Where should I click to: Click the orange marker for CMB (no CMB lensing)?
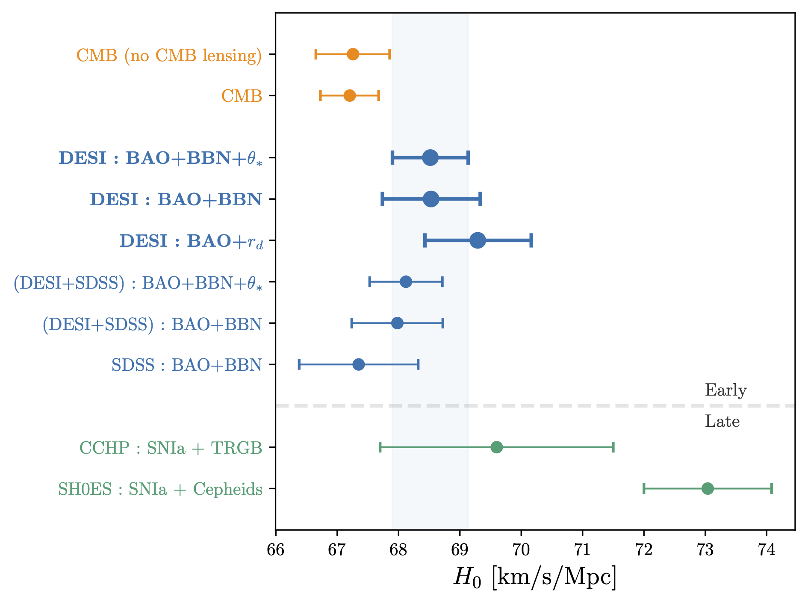click(353, 54)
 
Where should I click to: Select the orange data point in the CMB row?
click(350, 96)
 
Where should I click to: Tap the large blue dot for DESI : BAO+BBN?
click(431, 199)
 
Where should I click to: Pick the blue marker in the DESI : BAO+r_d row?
click(478, 240)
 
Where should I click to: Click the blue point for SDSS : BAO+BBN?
click(359, 364)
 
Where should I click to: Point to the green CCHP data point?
click(496, 447)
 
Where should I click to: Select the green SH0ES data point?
click(708, 488)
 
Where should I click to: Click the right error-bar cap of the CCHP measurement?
click(613, 447)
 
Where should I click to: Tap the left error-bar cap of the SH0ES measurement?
click(644, 488)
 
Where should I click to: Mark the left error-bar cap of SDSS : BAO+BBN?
click(299, 364)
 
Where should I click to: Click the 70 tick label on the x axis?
click(521, 550)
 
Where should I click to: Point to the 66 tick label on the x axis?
click(275, 550)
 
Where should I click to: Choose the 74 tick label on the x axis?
click(767, 550)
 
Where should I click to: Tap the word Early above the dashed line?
click(725, 390)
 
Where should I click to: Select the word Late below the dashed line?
click(722, 422)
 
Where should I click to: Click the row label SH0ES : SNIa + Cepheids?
click(160, 489)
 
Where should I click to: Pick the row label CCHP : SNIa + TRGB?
click(171, 448)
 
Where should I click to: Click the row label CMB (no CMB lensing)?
click(169, 56)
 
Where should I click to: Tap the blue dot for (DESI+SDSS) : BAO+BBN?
click(397, 323)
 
